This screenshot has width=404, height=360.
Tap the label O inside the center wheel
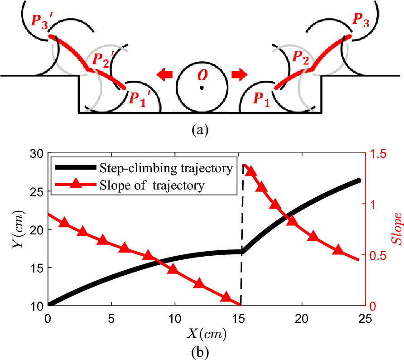click(202, 74)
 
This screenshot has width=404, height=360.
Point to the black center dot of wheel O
click(202, 88)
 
